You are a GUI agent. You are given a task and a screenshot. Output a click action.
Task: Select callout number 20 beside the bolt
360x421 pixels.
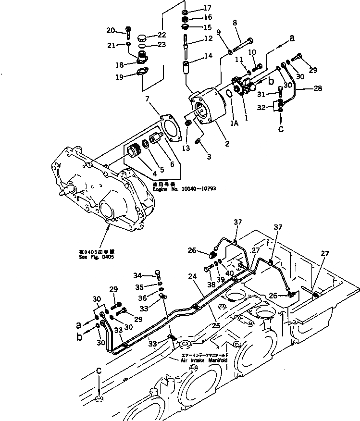click(111, 31)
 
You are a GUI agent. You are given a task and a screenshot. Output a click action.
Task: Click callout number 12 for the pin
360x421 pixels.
click(208, 39)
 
